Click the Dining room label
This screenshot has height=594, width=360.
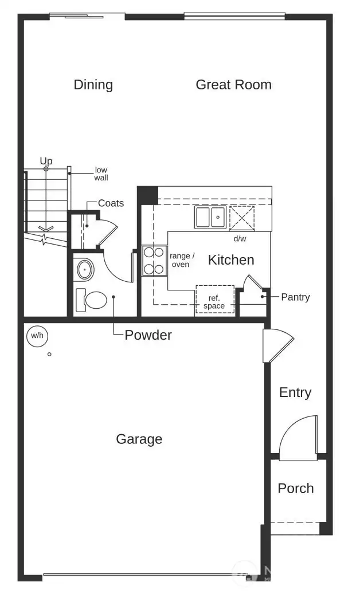tap(93, 85)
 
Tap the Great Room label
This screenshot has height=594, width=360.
tap(233, 85)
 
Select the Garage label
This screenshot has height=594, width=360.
tap(139, 439)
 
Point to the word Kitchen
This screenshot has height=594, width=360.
tap(230, 260)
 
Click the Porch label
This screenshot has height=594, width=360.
tap(296, 489)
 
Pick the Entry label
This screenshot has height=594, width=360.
tap(295, 393)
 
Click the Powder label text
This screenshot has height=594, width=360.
tap(148, 335)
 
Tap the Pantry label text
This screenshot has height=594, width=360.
tap(295, 297)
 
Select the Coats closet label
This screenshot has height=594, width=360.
tap(111, 203)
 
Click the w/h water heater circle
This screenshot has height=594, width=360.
tap(37, 336)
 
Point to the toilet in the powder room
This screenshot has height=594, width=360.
tap(92, 300)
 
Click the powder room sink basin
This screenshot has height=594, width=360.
tap(85, 269)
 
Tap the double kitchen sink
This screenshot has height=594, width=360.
tap(210, 218)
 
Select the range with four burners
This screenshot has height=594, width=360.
tap(154, 260)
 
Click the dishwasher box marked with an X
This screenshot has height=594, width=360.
tap(242, 218)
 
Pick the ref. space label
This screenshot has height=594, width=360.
tap(214, 302)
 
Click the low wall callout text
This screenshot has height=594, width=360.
tap(101, 174)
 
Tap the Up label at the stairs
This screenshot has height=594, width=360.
tap(46, 161)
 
